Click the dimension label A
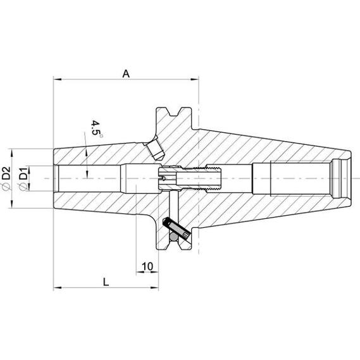pos(126,74)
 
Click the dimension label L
pos(106,282)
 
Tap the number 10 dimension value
pos(147,266)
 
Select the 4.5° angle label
pos(96,128)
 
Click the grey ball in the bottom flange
pos(173,237)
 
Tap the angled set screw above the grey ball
pos(177,228)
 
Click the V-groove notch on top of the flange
pos(173,112)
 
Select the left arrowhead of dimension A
pos(57,80)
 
